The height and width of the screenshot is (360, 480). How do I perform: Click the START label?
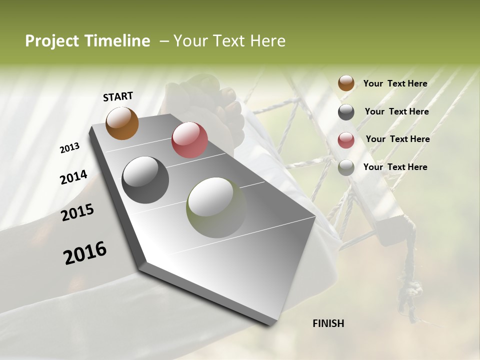[118, 96]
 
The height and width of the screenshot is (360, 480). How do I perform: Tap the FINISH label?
[328, 323]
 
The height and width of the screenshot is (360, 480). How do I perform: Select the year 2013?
[69, 148]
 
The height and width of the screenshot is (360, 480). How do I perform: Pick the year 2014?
[73, 177]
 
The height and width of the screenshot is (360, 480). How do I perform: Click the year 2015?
[77, 213]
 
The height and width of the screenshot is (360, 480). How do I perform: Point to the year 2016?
[85, 253]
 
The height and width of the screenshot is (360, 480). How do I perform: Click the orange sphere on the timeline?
[122, 123]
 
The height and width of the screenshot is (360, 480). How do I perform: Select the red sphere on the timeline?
[189, 140]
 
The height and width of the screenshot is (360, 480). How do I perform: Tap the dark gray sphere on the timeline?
[145, 180]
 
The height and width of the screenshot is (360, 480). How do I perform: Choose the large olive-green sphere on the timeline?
[216, 207]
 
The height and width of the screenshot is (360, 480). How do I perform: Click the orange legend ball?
[346, 83]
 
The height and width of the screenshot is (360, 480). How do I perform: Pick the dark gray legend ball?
[346, 112]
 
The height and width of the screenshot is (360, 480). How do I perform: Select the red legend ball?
[346, 140]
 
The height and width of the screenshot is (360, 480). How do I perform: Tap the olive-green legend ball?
[346, 168]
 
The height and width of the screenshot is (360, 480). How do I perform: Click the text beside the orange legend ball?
[395, 83]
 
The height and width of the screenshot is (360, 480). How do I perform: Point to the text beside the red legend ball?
[397, 139]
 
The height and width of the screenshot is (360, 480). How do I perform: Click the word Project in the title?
[52, 41]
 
